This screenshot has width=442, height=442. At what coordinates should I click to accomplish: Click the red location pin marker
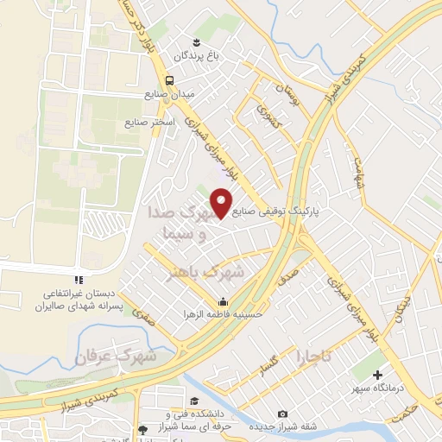(223, 202)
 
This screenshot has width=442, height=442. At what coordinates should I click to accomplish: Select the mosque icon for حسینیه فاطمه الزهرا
(223, 301)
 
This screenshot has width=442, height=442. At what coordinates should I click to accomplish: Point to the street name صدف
(288, 276)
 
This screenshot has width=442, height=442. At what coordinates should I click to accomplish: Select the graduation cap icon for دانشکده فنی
(194, 401)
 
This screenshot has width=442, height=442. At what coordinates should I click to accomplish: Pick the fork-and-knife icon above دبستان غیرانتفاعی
(78, 279)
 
